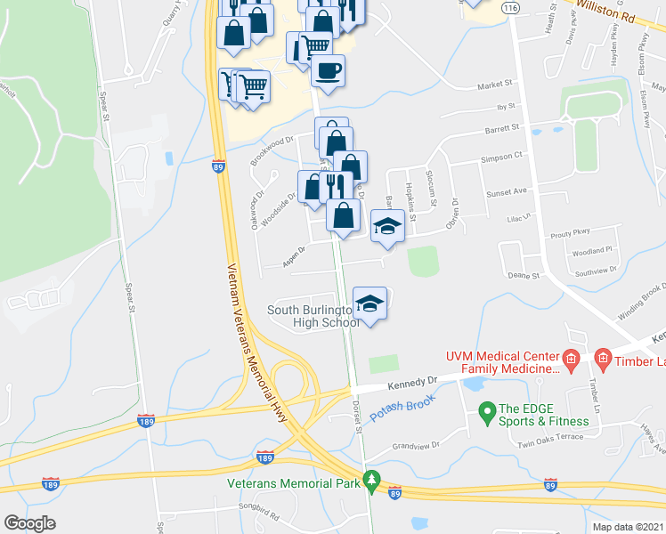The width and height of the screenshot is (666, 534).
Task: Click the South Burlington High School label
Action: (314, 316)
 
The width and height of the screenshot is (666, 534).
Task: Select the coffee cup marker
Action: (328, 71)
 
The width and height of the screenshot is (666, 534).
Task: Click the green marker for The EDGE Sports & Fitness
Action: (486, 412)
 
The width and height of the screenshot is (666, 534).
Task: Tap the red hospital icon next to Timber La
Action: (602, 359)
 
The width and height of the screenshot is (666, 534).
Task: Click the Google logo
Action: (29, 523)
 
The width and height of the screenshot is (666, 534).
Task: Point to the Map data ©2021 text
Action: (628, 527)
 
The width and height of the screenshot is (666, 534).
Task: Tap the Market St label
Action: (496, 85)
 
